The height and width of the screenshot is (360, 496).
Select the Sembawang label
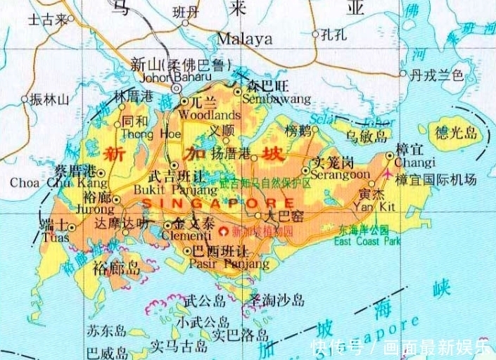(276, 99)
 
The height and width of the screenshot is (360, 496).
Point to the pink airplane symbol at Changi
(388, 173)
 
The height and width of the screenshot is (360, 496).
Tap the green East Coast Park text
(367, 241)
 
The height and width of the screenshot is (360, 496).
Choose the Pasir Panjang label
(229, 264)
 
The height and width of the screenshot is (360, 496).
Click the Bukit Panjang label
(184, 190)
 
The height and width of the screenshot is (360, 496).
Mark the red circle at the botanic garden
(224, 230)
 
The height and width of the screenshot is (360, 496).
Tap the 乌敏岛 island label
(367, 136)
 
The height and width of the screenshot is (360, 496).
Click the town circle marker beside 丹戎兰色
(403, 73)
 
